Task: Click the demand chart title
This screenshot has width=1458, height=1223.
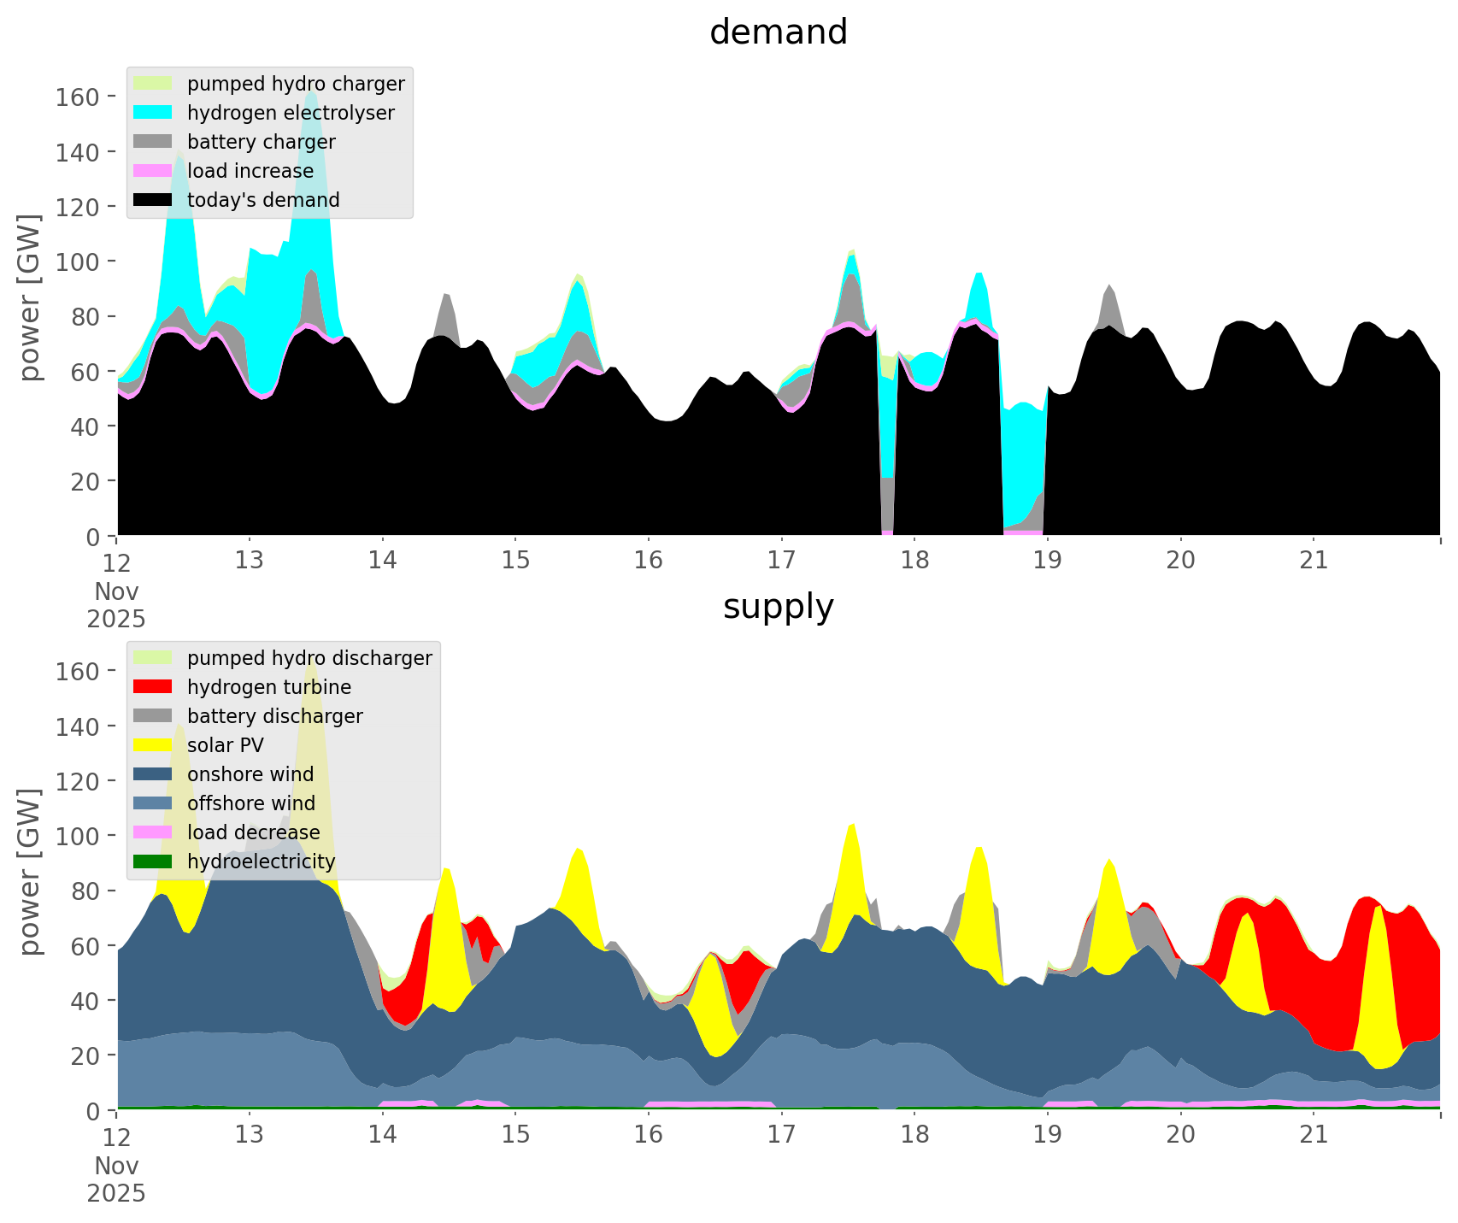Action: point(778,32)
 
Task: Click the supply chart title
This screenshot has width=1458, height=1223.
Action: point(778,607)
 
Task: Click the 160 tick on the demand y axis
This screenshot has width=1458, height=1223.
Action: point(77,97)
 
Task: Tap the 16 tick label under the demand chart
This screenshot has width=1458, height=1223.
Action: point(648,561)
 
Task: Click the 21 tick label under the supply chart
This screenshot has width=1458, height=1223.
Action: point(1313,1135)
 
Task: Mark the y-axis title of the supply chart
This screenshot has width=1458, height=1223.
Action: point(31,872)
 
